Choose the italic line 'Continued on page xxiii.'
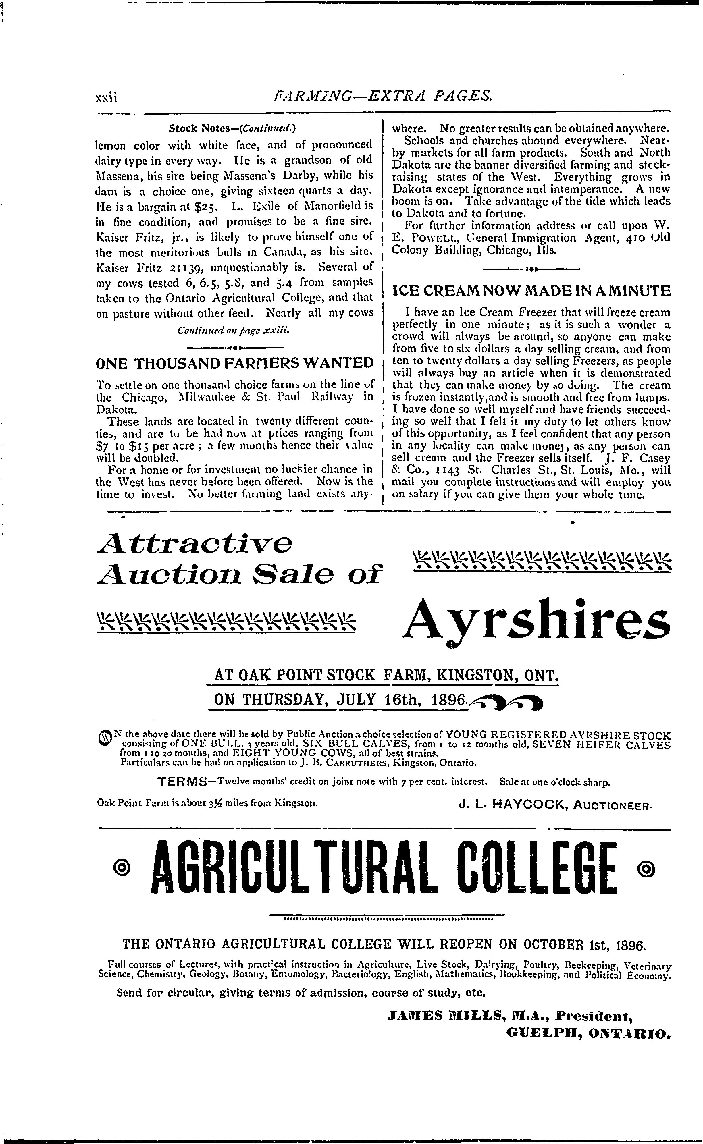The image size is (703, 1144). pyautogui.click(x=234, y=331)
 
